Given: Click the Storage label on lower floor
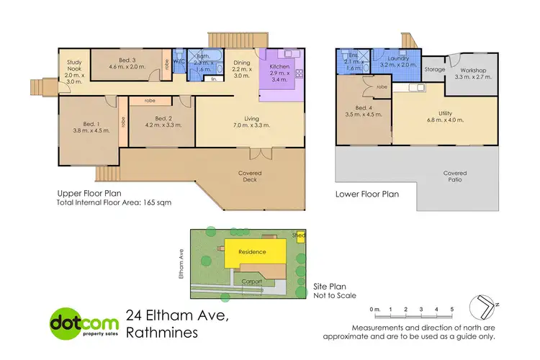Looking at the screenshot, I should pos(434,70).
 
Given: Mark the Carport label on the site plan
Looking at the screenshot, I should pos(251,282).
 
